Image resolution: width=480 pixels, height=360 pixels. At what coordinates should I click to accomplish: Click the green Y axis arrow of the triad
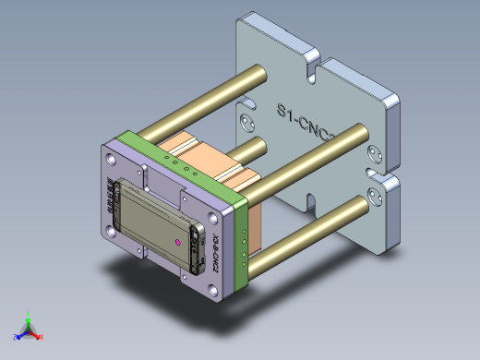pos(29,318)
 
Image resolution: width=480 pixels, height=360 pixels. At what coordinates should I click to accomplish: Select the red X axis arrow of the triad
pos(40,337)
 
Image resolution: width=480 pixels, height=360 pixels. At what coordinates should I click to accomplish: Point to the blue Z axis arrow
pos(18,336)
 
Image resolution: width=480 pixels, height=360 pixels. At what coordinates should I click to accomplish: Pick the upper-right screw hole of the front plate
pos(215,219)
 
